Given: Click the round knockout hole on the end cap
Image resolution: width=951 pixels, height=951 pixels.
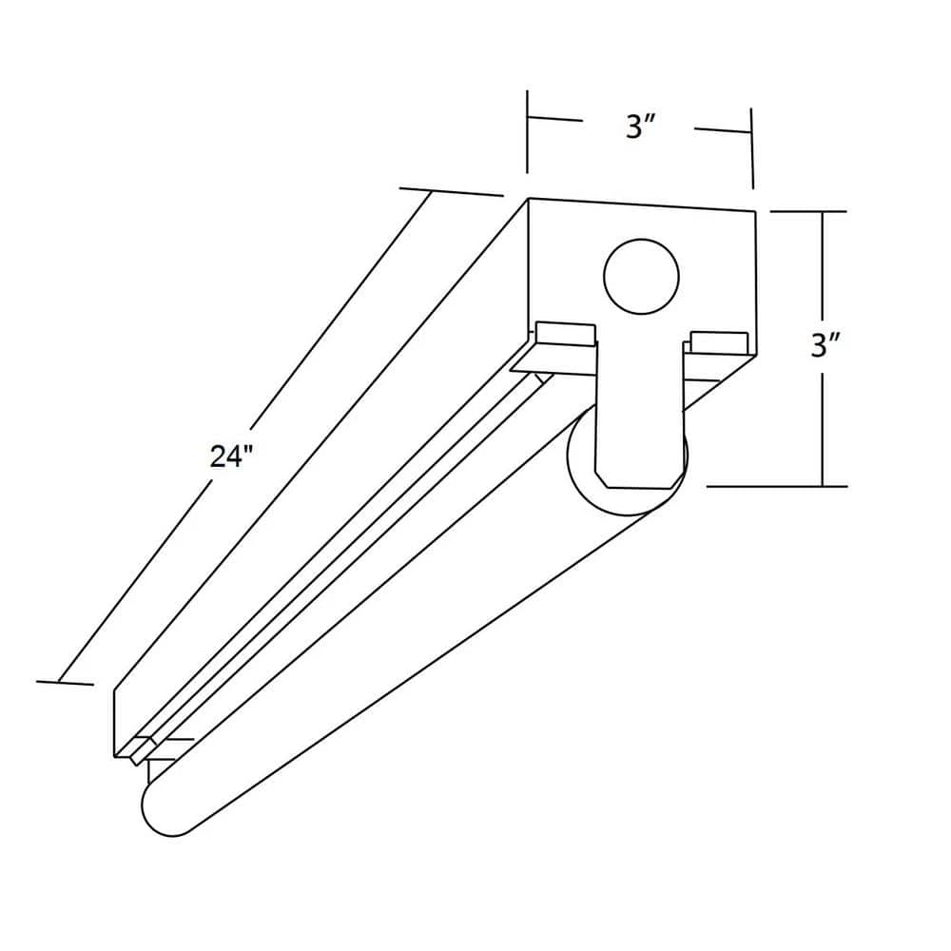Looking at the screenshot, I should [642, 277].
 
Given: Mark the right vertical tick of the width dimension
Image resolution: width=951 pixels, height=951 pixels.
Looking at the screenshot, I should [751, 147].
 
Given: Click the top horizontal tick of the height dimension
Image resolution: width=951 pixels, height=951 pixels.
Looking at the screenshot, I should [807, 211].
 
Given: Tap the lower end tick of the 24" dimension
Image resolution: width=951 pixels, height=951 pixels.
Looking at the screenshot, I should [65, 682].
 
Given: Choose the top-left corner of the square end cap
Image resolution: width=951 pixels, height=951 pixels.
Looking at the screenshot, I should [529, 199].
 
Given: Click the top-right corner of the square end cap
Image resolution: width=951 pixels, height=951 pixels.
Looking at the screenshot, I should [755, 211].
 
